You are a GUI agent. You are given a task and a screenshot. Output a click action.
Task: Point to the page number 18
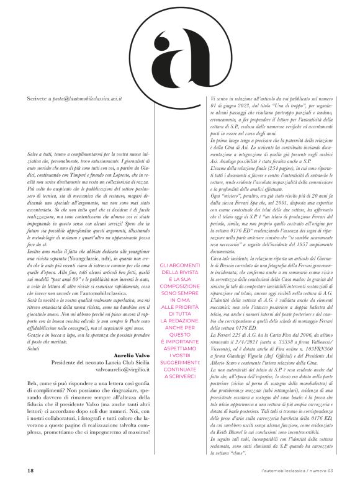(x=30, y=471)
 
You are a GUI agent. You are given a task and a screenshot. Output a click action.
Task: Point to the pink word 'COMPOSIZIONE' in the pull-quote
(x=181, y=303)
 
